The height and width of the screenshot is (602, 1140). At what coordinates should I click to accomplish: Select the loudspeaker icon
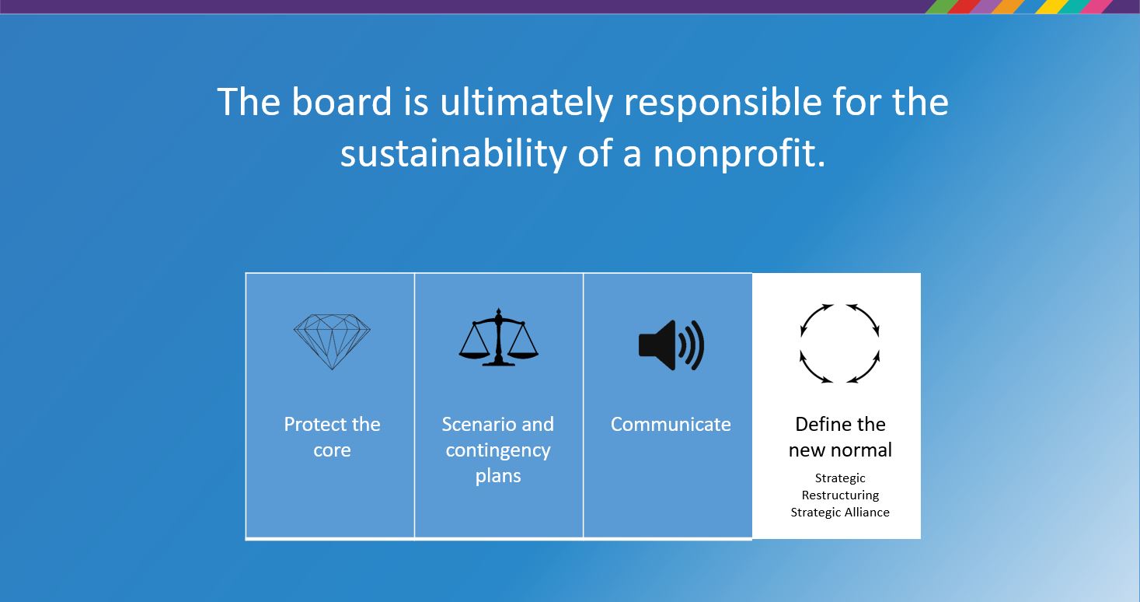671,345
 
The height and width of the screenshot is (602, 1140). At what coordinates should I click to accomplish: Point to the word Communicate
671,424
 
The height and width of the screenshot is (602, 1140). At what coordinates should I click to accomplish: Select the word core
332,451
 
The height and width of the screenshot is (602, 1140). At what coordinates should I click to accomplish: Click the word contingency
498,451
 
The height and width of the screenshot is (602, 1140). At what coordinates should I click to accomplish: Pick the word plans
498,477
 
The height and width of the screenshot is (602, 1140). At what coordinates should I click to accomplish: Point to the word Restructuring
840,495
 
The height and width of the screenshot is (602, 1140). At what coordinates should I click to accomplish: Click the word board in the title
341,102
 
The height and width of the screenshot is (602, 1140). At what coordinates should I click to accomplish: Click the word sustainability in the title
454,155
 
